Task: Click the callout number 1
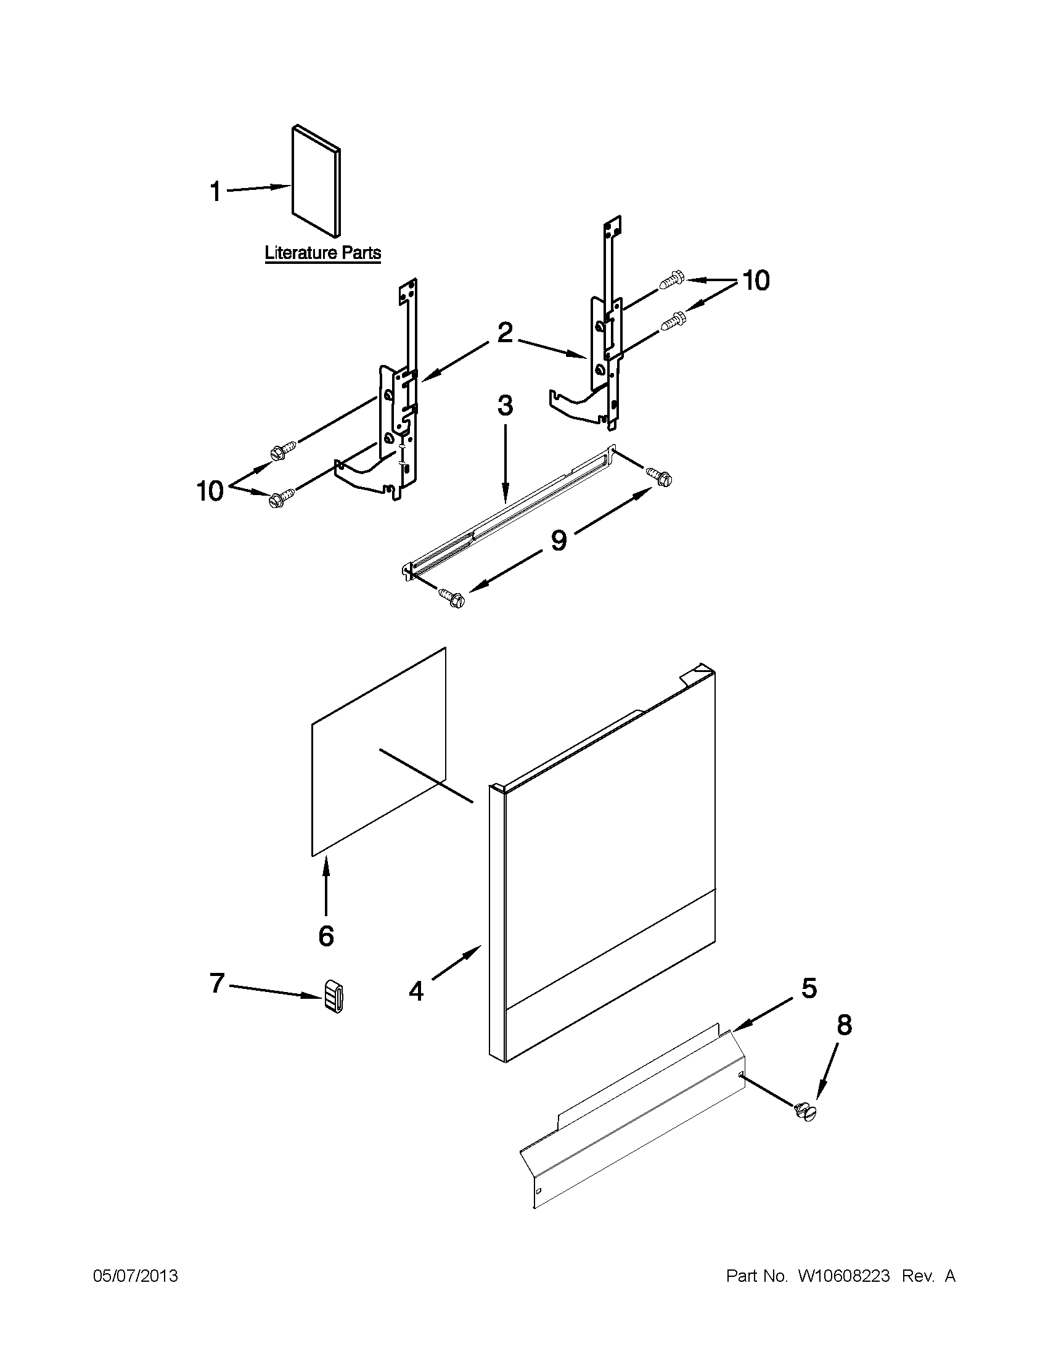point(215,191)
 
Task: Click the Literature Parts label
point(322,253)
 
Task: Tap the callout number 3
point(505,406)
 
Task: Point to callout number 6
point(326,935)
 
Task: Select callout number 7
point(216,983)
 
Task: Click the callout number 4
point(416,991)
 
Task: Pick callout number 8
point(843,1025)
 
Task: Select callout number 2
point(505,334)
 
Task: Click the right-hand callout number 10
point(755,281)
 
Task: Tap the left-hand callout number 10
point(210,491)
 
